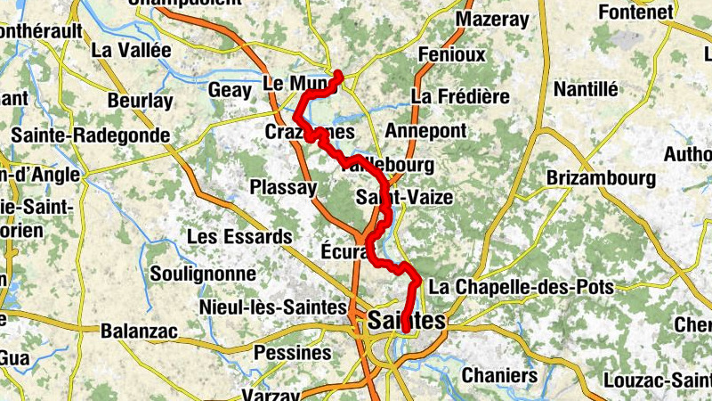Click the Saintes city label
tap(406, 321)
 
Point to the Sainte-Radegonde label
tap(90, 135)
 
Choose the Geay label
tap(230, 90)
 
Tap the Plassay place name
tap(283, 188)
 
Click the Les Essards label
tap(239, 237)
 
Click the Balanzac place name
tap(139, 331)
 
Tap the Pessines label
tap(293, 353)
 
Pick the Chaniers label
tap(499, 376)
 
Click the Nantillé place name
tap(586, 89)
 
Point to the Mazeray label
tap(491, 19)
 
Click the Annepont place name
tap(425, 131)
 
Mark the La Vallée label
tap(131, 50)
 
